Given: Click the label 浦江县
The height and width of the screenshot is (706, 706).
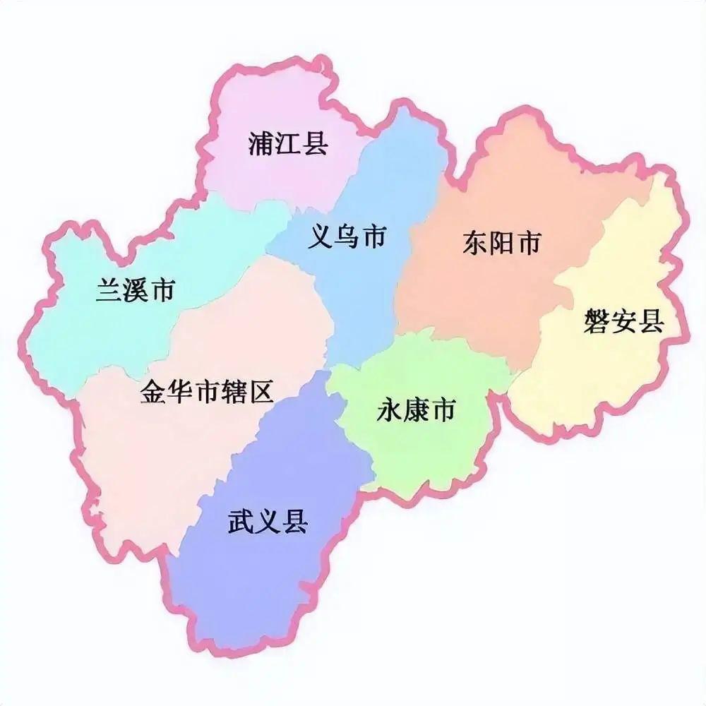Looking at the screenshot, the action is point(288,143).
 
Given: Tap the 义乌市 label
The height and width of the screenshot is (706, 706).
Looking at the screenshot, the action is point(347,238).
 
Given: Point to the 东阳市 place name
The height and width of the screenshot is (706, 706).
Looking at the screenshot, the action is point(502,244).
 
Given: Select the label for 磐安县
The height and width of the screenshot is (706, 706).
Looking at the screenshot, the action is point(624,322).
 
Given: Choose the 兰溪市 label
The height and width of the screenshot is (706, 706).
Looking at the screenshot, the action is point(135,290).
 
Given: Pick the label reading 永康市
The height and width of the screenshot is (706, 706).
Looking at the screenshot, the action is point(415,409).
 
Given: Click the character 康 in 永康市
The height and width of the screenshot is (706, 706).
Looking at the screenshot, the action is point(415,409).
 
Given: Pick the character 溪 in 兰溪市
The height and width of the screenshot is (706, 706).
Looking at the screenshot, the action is point(135,290).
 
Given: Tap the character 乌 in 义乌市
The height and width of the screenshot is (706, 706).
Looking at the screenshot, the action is point(347,238).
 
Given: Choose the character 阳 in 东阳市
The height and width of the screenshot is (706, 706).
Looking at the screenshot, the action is point(502,244).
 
